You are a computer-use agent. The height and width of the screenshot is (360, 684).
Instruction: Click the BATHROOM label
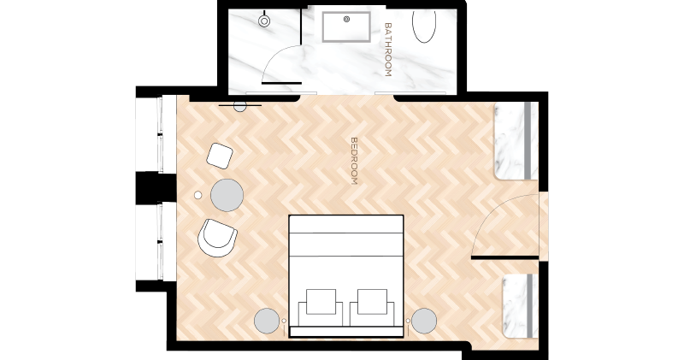tap(388, 50)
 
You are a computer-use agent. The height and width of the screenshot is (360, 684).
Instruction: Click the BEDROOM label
tap(354, 161)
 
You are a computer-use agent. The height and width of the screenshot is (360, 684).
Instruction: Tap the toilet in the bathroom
tap(264, 20)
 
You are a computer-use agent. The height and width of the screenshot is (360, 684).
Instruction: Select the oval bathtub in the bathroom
tap(424, 26)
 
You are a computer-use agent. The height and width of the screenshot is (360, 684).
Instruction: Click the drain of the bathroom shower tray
tap(347, 19)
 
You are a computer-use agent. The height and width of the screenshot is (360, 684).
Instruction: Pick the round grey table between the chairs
tap(227, 195)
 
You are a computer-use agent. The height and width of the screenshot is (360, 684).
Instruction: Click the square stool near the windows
tap(220, 156)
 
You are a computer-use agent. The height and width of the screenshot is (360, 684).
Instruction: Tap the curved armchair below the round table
tap(217, 238)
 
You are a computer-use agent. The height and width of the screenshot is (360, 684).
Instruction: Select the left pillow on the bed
tap(321, 302)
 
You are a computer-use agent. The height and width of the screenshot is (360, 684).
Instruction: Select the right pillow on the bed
tap(372, 302)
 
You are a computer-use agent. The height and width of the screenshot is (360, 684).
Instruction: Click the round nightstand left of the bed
tap(267, 321)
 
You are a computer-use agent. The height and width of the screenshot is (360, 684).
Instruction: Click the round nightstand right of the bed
tap(424, 321)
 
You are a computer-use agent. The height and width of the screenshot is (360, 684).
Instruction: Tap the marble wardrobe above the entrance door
tap(516, 141)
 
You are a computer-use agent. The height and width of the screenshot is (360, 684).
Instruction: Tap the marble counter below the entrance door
tap(520, 306)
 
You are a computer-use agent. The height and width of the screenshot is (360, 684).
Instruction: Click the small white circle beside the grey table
tap(198, 195)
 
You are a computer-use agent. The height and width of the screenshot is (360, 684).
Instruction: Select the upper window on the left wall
tap(156, 134)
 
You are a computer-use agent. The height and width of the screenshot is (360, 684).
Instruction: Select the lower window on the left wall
tap(156, 242)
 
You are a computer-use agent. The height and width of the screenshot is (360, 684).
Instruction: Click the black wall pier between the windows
tap(156, 187)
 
